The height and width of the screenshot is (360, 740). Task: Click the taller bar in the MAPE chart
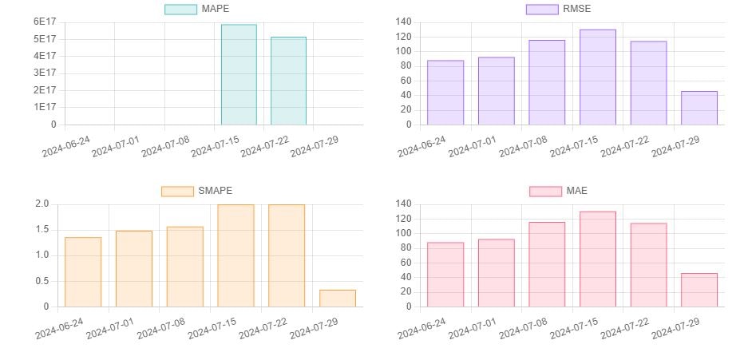pos(239,74)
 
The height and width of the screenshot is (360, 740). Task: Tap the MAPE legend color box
pos(180,9)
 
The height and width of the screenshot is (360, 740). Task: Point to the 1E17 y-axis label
pos(44,107)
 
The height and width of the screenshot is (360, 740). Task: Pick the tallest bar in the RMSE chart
pos(598,77)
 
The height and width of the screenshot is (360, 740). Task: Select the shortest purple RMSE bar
pos(699,108)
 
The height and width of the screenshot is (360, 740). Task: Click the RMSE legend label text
pos(577,9)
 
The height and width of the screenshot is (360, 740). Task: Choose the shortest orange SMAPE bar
pos(337,298)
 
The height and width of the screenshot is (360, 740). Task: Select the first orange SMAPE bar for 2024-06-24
pos(83,271)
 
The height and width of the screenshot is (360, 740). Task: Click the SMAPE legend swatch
pos(177,191)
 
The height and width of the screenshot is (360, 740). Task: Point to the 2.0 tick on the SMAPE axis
pos(42,204)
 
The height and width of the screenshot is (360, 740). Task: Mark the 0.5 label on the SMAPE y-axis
pos(42,281)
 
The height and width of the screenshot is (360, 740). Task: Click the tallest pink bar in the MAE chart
pos(598,259)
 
